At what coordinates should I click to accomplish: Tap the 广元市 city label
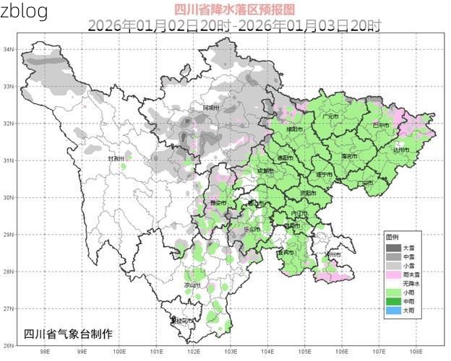[330, 116]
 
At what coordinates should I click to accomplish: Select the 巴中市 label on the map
[380, 125]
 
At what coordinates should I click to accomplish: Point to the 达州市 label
[401, 149]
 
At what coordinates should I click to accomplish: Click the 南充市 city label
[349, 156]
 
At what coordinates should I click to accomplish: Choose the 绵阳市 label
[293, 129]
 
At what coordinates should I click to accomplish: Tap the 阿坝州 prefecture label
[211, 108]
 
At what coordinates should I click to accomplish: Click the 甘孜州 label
[116, 158]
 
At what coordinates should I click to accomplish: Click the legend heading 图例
[392, 237]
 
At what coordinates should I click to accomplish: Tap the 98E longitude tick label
[45, 352]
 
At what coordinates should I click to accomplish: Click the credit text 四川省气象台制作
[68, 334]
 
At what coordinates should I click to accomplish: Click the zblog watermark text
[25, 12]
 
